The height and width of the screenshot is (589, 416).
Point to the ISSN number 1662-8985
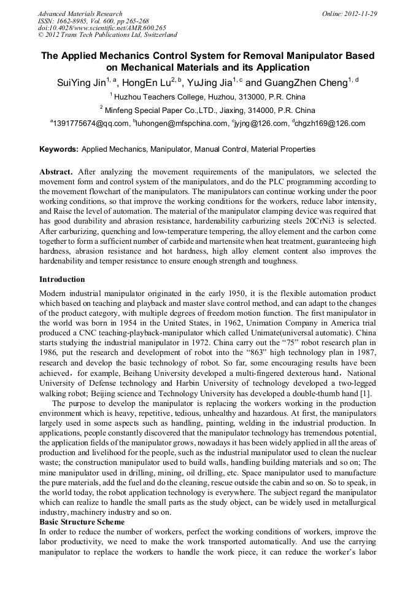74,21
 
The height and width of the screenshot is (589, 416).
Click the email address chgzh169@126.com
331,123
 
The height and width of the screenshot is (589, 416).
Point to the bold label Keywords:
59,149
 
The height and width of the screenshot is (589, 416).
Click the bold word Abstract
56,173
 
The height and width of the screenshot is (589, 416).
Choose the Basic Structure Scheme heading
82,522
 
